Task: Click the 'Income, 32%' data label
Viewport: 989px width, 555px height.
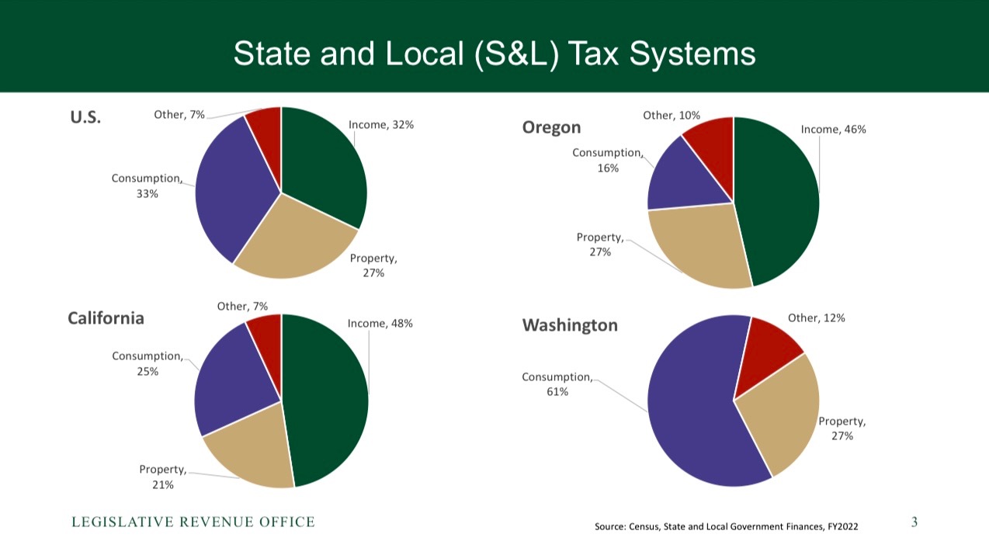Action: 380,124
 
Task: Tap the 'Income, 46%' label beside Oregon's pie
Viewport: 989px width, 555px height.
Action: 833,130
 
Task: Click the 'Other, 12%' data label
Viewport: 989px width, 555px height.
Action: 816,317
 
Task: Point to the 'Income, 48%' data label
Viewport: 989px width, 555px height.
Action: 380,324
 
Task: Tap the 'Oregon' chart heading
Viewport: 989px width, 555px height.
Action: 551,127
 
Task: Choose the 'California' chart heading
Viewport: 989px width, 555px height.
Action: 106,318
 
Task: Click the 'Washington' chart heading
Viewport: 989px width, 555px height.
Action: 570,325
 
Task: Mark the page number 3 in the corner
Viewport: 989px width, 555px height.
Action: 914,522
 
